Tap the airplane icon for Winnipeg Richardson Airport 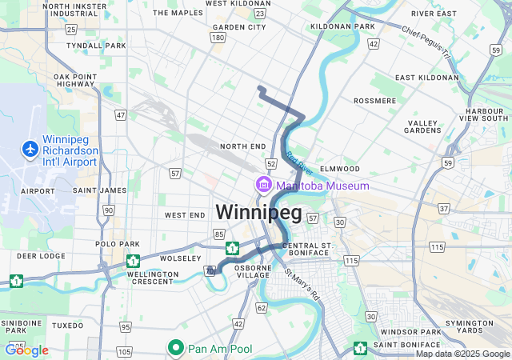click(x=30, y=149)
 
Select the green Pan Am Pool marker click(x=176, y=348)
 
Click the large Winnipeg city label click(x=258, y=213)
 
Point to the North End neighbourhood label click(x=242, y=146)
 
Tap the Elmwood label click(x=340, y=169)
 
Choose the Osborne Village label click(x=254, y=270)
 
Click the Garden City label click(x=239, y=27)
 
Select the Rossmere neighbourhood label click(x=374, y=101)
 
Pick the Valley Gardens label click(x=422, y=126)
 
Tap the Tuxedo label click(x=67, y=326)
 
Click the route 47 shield click(x=121, y=115)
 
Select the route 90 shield click(x=108, y=210)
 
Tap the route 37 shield click(x=443, y=209)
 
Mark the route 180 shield click(x=218, y=38)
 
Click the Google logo click(x=26, y=350)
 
